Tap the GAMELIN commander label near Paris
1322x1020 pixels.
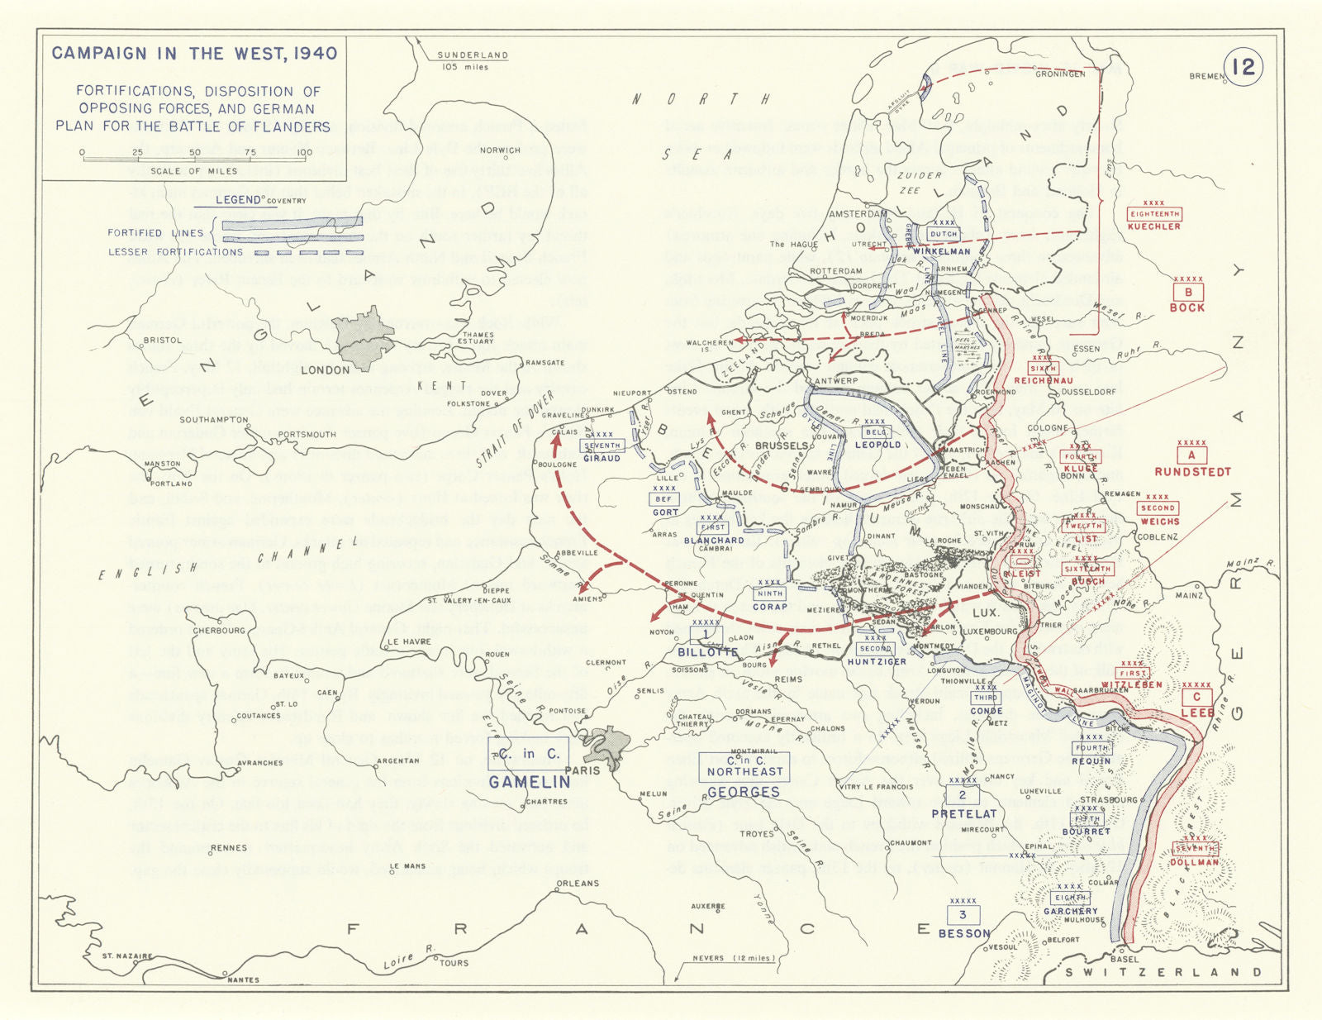(x=529, y=782)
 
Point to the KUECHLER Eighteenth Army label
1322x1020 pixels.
(x=1154, y=226)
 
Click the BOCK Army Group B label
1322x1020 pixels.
(x=1186, y=307)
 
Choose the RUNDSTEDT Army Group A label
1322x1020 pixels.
(x=1192, y=472)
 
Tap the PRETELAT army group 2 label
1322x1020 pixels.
(x=963, y=814)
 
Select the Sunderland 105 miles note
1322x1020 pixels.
(x=472, y=60)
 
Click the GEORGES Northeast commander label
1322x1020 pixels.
(x=743, y=792)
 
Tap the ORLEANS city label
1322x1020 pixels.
(x=578, y=884)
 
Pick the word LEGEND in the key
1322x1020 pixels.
(x=238, y=200)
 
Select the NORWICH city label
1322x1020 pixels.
(x=500, y=150)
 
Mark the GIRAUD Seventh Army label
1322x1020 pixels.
(x=602, y=458)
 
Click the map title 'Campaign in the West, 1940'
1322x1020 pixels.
(x=194, y=54)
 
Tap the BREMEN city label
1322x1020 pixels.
(x=1206, y=76)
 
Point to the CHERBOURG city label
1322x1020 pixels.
(x=220, y=631)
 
